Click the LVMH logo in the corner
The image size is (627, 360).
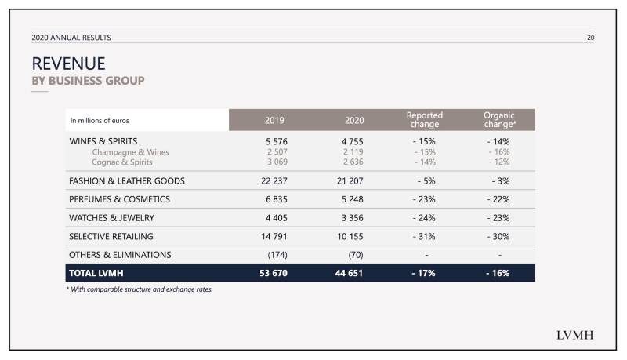574,335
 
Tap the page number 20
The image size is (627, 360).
591,38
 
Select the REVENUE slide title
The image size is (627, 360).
68,64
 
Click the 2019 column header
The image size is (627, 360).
274,121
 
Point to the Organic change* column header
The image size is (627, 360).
499,119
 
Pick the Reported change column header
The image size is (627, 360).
425,119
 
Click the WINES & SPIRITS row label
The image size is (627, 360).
103,141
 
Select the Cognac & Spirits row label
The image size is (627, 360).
122,162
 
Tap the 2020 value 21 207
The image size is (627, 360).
350,181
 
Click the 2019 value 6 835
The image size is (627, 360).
277,199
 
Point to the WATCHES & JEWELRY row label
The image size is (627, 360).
111,218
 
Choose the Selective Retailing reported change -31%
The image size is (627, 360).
424,236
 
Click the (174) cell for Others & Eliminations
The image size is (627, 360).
277,255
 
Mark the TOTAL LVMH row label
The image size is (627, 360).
96,273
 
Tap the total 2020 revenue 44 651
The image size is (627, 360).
349,273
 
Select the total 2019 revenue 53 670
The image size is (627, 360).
273,273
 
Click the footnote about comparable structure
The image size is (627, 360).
140,289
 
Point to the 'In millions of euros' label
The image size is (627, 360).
100,121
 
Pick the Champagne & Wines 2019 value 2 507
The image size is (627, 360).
277,151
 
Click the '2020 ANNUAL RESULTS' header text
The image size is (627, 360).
71,38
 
